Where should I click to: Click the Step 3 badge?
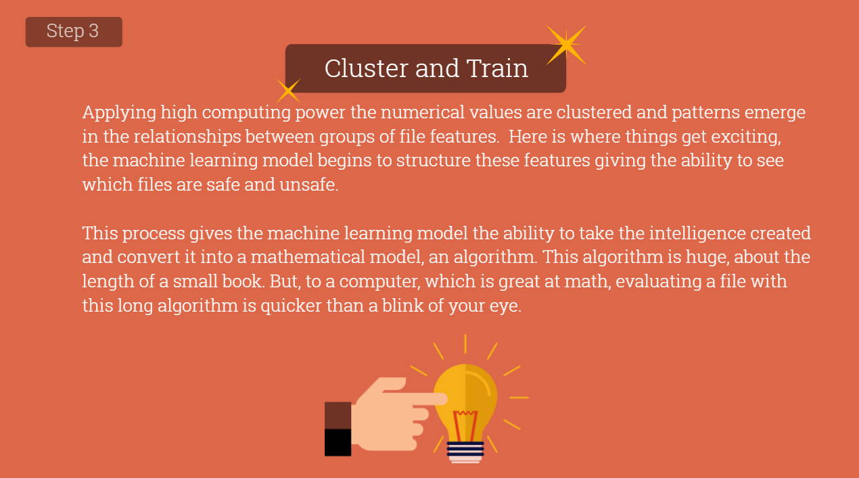click(74, 32)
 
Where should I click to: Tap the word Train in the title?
click(497, 68)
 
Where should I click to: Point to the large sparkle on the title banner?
click(566, 45)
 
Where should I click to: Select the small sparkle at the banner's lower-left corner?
click(288, 91)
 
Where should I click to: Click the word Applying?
click(119, 114)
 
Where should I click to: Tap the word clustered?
click(594, 112)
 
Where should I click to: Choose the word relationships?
click(187, 137)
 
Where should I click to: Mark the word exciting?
click(746, 137)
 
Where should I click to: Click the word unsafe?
click(308, 185)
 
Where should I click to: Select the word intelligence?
click(697, 234)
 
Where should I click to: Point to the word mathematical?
click(308, 257)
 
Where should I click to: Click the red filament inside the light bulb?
click(465, 425)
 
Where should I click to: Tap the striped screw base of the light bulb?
click(465, 452)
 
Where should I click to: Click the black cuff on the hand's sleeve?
click(338, 442)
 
